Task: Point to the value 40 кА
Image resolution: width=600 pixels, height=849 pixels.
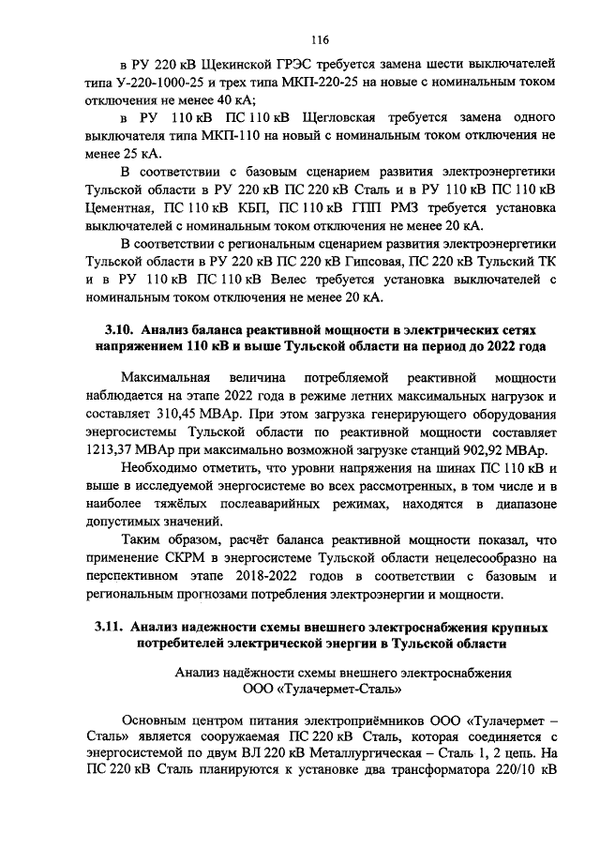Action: click(236, 101)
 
